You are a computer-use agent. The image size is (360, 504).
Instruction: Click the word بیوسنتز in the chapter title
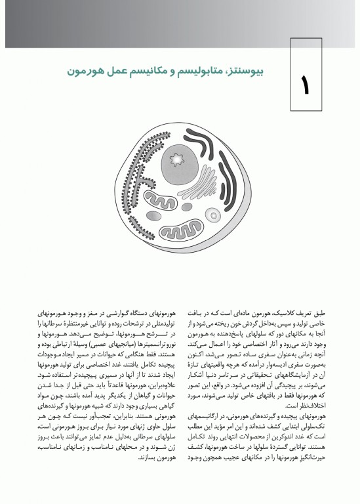[252, 70]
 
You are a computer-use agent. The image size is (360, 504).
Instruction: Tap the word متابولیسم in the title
[198, 70]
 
